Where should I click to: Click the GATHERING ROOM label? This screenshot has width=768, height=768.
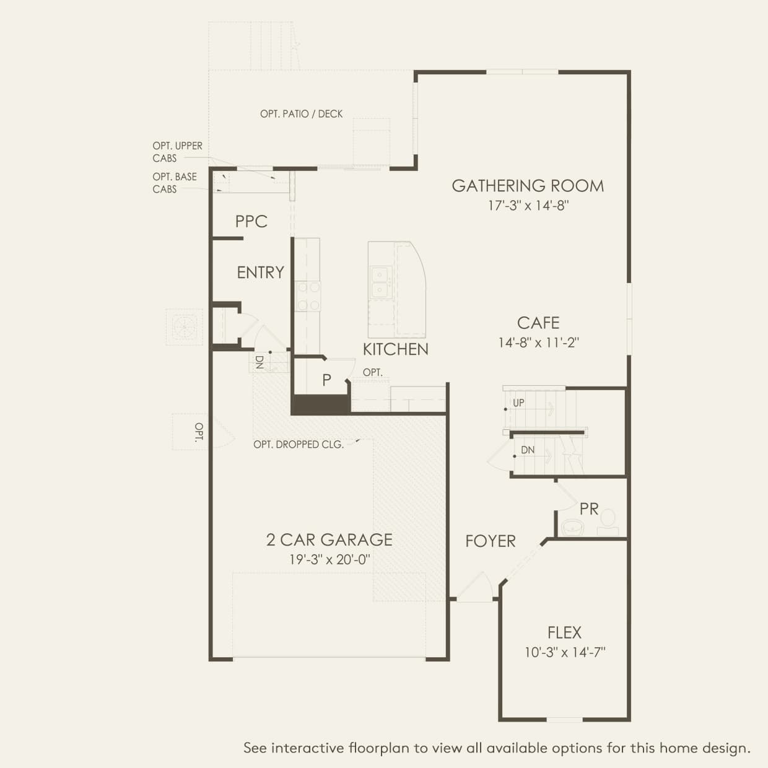pos(528,186)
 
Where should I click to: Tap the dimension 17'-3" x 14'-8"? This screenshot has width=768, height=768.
pos(528,206)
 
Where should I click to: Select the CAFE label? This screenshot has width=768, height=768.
pos(538,323)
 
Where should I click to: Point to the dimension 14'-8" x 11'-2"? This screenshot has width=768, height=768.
pos(538,343)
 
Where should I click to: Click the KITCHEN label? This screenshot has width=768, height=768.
pos(395,349)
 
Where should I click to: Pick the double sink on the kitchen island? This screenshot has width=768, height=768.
pos(380,282)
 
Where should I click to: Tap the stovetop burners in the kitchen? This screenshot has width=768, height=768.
pos(308,295)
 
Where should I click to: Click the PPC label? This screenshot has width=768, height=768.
pos(251,222)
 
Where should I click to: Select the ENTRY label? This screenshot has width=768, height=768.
pos(260,273)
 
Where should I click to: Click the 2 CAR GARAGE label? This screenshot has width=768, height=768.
pos(329,540)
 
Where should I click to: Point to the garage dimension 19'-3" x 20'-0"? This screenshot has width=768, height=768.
pos(329,559)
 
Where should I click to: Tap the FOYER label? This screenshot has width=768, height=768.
pos(490,541)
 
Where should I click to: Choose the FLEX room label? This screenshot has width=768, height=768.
pos(564,632)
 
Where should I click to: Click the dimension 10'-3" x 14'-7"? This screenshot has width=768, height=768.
pos(565,652)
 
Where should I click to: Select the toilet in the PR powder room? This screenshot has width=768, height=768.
pos(608,523)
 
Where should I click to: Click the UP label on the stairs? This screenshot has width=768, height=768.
pos(518,403)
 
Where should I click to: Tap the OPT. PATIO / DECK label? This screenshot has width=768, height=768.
pos(301,114)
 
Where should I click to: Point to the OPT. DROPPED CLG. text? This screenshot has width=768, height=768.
pos(299,445)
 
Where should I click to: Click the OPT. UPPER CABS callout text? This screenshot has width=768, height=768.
pos(177,152)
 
